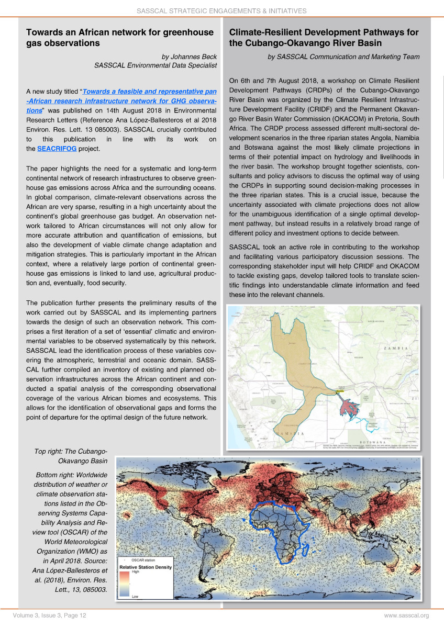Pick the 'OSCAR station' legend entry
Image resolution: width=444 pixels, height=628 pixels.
[146, 560]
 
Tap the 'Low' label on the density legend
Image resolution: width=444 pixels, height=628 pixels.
[135, 596]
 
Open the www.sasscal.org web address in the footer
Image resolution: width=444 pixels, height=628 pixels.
[406, 615]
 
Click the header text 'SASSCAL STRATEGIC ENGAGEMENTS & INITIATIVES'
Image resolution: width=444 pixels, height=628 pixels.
[221, 10]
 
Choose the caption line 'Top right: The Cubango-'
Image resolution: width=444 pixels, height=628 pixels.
[71, 451]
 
